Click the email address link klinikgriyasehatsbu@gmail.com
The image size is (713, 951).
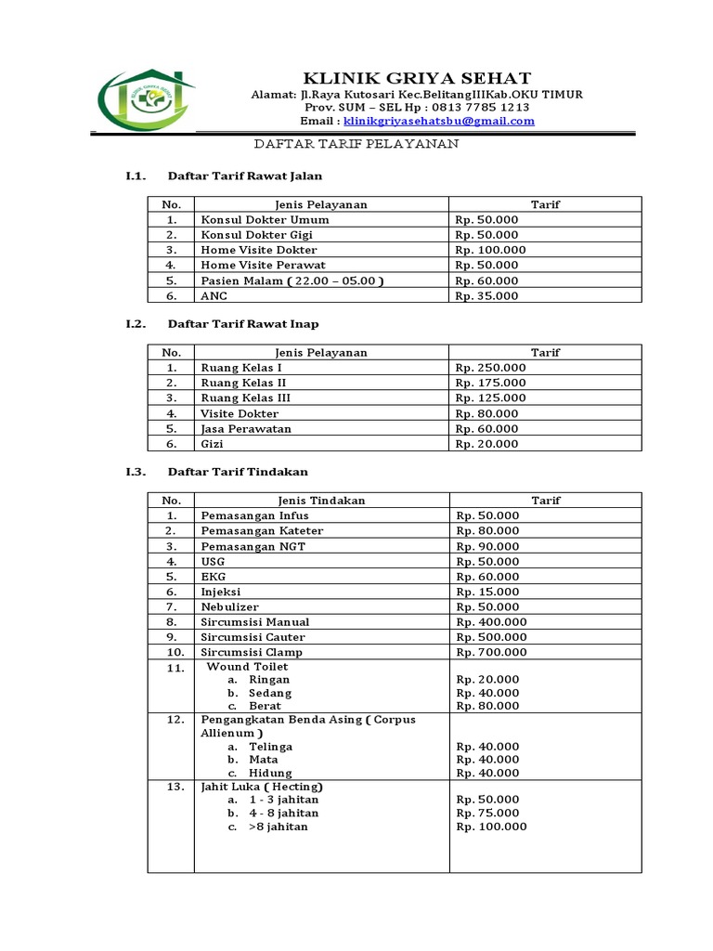[x=438, y=121]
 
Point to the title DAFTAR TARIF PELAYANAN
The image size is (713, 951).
[x=357, y=145]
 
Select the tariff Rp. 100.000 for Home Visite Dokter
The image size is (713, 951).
[x=490, y=250]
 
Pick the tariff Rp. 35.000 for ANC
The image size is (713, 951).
[x=486, y=296]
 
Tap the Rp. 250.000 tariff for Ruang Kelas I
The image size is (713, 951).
[x=490, y=368]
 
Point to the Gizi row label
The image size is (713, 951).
[x=212, y=444]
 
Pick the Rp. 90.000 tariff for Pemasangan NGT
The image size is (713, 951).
[x=486, y=546]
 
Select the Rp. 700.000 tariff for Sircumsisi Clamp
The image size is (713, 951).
[x=490, y=652]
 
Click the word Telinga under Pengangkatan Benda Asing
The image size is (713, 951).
[x=270, y=747]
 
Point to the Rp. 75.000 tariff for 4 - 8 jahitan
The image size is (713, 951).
[x=486, y=813]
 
